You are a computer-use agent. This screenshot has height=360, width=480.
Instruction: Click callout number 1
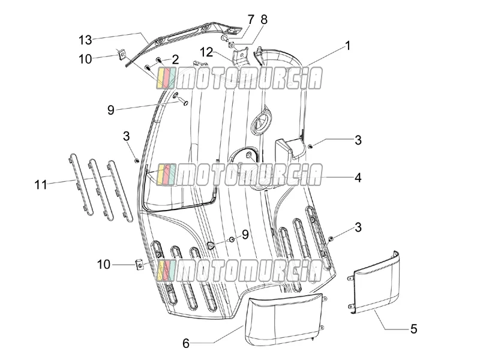pos(347,46)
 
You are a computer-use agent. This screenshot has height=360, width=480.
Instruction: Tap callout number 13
pos(85,40)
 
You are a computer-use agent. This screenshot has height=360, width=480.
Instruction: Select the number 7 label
pos(251,20)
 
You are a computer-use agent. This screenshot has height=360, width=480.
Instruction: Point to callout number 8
pos(264,20)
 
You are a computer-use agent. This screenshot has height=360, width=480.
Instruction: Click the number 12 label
pos(206,52)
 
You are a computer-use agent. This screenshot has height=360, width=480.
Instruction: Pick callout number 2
pos(175,59)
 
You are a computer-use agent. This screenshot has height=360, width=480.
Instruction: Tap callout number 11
pos(41,185)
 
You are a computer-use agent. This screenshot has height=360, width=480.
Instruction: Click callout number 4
pos(358,178)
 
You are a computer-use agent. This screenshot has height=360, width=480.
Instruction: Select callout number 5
pos(413,329)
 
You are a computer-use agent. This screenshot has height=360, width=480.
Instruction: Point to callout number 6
pos(186,343)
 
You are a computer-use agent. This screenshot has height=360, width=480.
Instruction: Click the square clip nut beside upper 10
pos(122,55)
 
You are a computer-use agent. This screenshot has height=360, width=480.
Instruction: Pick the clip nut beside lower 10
pos(139,264)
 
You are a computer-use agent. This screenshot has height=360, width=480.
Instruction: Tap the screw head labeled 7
pos(224,38)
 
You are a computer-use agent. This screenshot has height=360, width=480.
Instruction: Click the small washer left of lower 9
pos(232,238)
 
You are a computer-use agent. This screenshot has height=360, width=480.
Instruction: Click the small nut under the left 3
pos(137,160)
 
